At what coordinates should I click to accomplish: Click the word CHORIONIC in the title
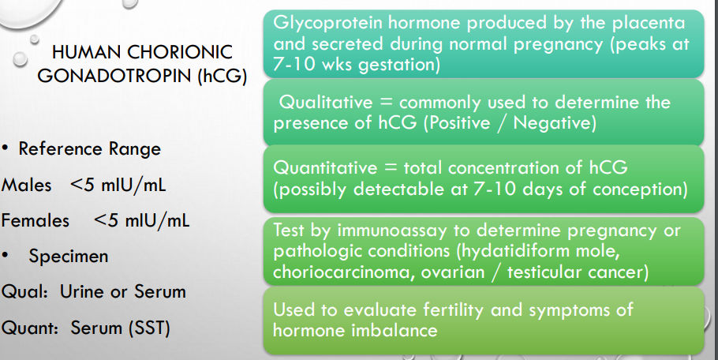click(x=180, y=52)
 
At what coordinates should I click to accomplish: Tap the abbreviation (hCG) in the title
click(x=223, y=76)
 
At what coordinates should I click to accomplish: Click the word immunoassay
click(x=391, y=231)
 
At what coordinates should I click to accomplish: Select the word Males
click(x=26, y=185)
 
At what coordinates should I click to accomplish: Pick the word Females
click(x=36, y=221)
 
